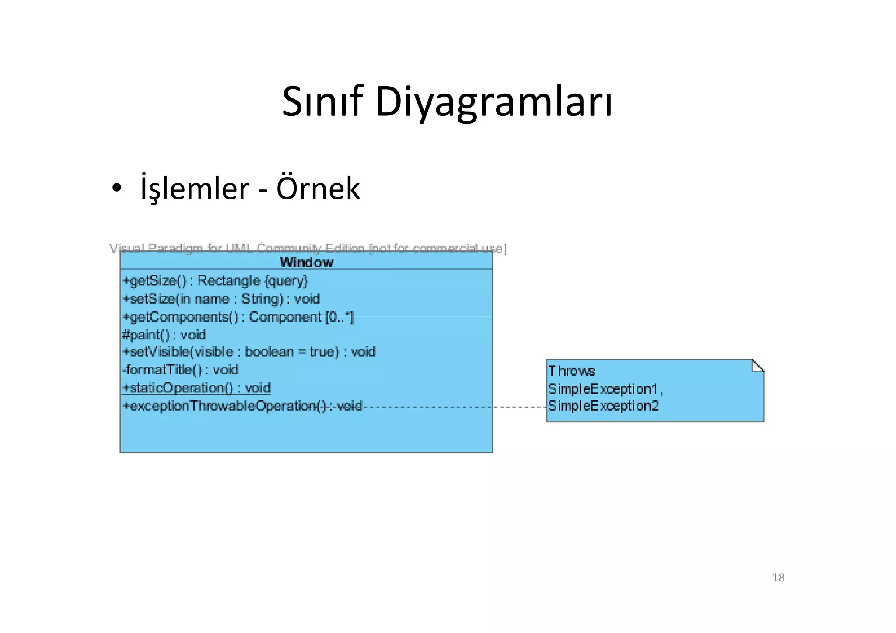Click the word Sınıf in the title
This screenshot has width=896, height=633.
pos(322,101)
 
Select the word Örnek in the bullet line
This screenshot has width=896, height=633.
pos(318,189)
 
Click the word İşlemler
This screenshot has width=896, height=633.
pos(195,189)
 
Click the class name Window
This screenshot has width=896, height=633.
pos(306,262)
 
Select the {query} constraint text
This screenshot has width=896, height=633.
pos(286,281)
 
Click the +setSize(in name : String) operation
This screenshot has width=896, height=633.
pos(221,299)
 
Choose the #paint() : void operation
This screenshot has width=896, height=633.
pos(164,335)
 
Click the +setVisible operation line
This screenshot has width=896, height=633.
pos(248,352)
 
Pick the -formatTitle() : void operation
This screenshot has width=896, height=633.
pos(180,370)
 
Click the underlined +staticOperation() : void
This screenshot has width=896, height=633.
pos(197,388)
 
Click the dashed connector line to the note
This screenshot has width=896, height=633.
pos(455,407)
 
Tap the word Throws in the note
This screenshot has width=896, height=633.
pos(571,371)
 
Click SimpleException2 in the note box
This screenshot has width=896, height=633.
pos(603,406)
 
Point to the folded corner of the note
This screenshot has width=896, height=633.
pos(757,366)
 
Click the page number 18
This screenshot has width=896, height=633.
pos(778,577)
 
